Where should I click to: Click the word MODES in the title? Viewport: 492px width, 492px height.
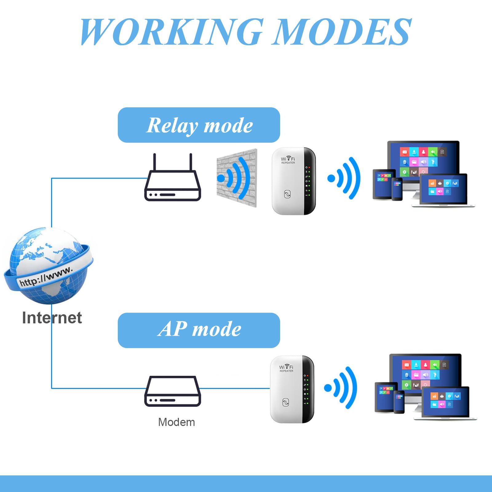coord(342,31)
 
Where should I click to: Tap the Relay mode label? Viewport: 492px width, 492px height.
coord(199,125)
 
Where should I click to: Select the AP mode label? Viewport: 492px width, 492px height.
coord(199,330)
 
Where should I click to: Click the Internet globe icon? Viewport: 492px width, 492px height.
coord(48,266)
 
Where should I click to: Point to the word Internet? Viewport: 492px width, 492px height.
coord(52,318)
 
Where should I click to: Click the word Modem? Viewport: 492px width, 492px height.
coord(177,422)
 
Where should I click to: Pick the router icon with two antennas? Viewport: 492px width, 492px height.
coord(173,177)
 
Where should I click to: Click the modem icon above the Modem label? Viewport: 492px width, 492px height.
coord(173,391)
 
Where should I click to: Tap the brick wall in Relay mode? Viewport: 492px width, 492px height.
coord(237,178)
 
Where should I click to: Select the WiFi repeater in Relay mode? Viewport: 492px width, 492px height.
coord(294,181)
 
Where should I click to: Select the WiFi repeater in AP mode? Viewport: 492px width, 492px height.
coord(292,389)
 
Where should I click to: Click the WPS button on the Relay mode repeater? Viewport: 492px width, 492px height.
coord(287,194)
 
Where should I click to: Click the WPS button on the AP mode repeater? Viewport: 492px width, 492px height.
coord(286,403)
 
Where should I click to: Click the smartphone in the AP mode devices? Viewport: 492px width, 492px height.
coord(399,402)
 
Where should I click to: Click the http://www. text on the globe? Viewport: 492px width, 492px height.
coord(46,276)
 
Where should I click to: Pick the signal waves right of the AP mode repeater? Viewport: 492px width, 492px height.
coord(341,388)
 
